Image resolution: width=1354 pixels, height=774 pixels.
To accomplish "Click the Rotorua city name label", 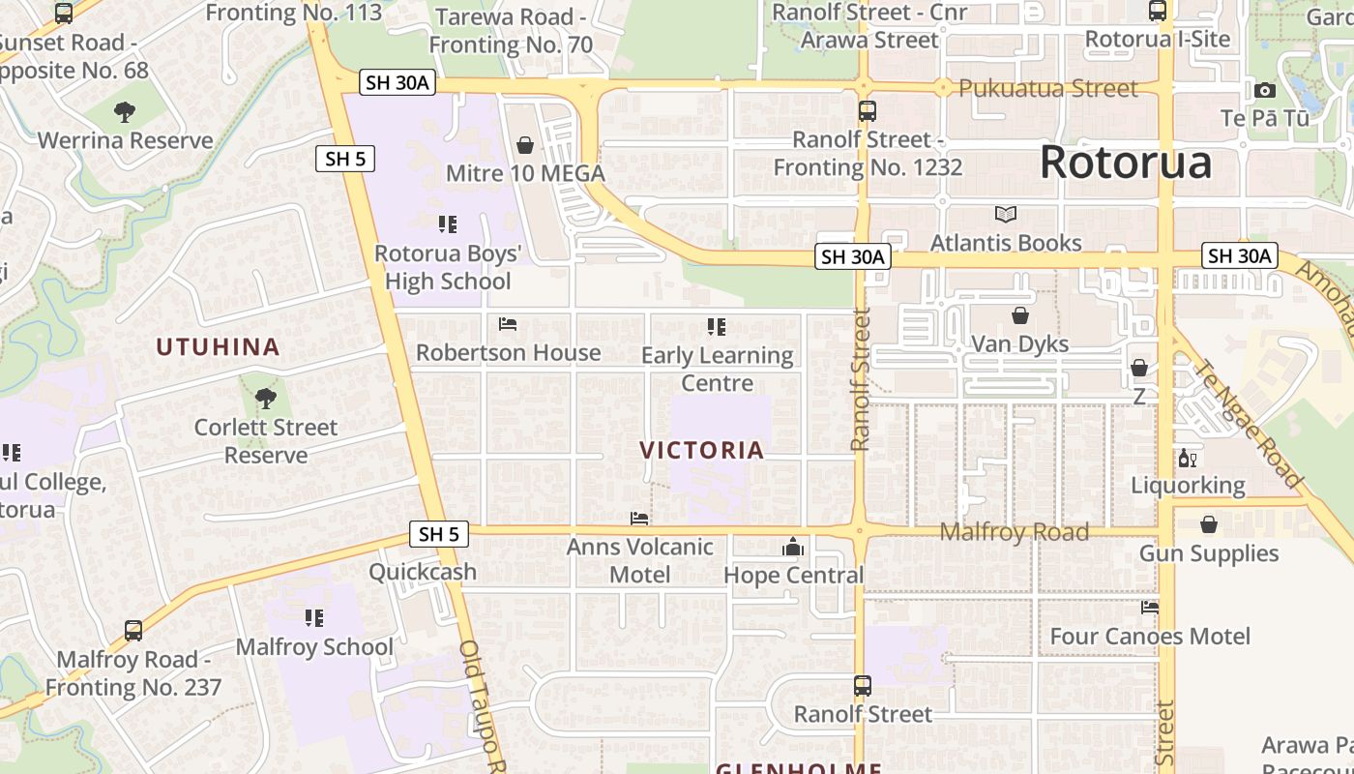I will coord(1125,163).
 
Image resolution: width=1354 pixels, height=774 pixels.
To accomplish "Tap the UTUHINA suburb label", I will coord(218,346).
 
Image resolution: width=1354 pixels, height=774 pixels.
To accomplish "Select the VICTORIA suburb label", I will coord(702,450).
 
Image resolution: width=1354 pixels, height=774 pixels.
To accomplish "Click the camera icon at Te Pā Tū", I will coord(1264,91).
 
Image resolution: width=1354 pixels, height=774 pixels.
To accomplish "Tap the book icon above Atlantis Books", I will coord(1006,214).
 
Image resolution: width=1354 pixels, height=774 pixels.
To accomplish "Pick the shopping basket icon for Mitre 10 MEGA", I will coord(525,145).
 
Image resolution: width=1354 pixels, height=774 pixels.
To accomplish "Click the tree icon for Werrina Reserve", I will coord(125,112).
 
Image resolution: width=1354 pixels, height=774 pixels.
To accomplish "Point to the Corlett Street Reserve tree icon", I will coord(265,398).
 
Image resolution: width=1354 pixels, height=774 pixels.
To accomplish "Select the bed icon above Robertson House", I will coord(508,324).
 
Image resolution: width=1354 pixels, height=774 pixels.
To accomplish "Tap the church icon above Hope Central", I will coord(793,548).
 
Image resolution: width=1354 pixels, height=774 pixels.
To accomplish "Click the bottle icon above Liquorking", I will coord(1187,458).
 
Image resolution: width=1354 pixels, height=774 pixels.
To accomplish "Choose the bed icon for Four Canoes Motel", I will coord(1150,608).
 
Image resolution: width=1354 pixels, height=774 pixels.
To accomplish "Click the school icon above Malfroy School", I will coord(314,617).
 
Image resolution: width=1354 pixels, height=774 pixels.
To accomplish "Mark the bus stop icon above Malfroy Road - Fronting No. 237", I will coord(133,631).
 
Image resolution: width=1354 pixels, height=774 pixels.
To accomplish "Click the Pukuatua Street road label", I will coord(1047,88).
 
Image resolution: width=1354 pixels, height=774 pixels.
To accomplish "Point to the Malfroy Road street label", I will coord(1014,531).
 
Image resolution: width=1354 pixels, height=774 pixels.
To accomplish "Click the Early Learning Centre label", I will coord(717,369).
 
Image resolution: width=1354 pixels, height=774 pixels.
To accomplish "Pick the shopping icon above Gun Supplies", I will coord(1209,524).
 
